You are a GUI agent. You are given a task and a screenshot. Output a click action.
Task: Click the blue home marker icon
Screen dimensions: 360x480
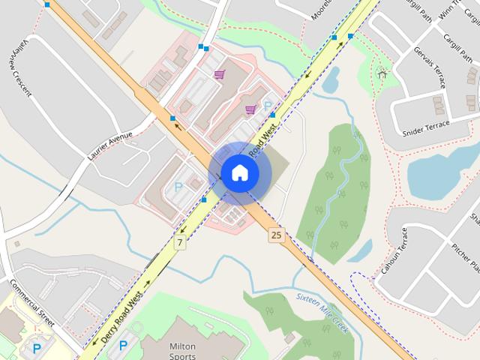(240, 173)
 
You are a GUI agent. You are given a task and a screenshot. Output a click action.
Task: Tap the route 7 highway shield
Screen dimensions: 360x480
(180, 242)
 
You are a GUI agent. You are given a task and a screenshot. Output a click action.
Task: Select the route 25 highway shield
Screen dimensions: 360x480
(277, 235)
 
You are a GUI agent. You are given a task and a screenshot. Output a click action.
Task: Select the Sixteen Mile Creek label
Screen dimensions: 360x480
(322, 313)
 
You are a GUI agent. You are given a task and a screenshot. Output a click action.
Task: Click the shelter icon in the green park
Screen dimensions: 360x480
(382, 73)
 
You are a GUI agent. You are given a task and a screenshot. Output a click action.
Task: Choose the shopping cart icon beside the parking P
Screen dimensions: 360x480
(250, 109)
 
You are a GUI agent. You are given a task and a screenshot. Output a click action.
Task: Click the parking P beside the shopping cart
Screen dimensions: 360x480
(267, 106)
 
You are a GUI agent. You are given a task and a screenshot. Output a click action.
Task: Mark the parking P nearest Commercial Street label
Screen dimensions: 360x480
(36, 348)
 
